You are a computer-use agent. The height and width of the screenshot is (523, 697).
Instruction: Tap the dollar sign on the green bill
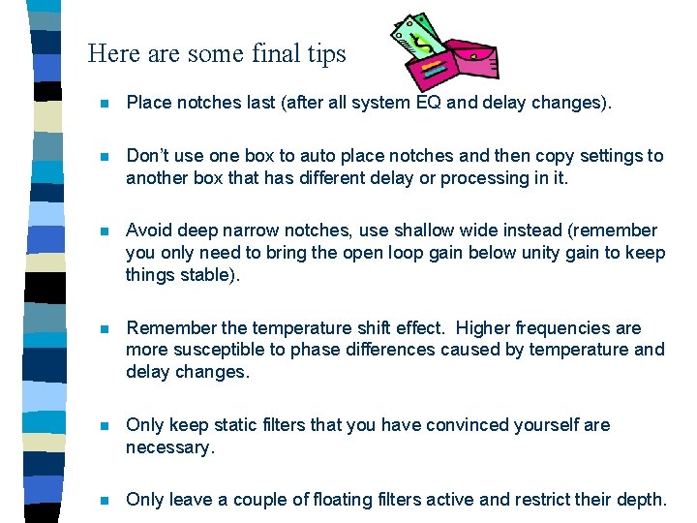[424, 42]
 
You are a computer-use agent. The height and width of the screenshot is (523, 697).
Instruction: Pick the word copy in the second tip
[554, 156]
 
